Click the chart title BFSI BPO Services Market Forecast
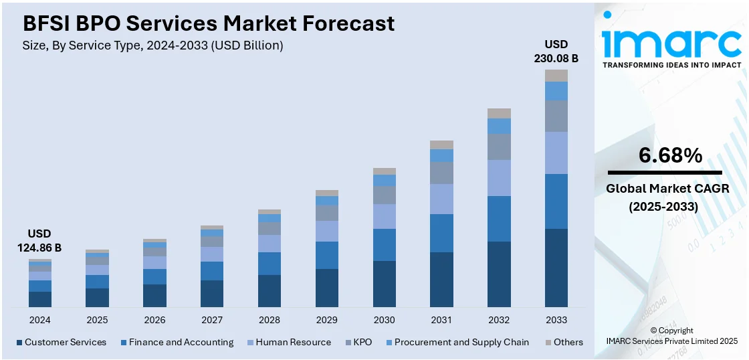(x=209, y=23)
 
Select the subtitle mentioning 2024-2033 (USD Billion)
(x=153, y=46)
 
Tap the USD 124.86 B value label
(x=39, y=241)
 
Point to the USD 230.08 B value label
(x=556, y=51)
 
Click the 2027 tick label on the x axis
(x=212, y=320)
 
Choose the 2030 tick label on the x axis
(x=384, y=320)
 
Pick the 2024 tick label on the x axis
(x=39, y=320)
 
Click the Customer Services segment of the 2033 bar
(x=556, y=268)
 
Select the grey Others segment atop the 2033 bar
(x=556, y=76)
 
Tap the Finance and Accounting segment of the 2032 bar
(x=499, y=219)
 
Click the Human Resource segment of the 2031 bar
(x=441, y=199)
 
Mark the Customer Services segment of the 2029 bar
(x=326, y=288)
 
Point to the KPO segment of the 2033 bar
(x=556, y=116)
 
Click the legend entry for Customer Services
(x=66, y=342)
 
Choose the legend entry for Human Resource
(x=293, y=342)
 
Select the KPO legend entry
(x=362, y=342)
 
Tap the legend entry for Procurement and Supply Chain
(x=461, y=342)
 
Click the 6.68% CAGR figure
(x=671, y=156)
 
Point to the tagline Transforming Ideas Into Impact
(x=671, y=65)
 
